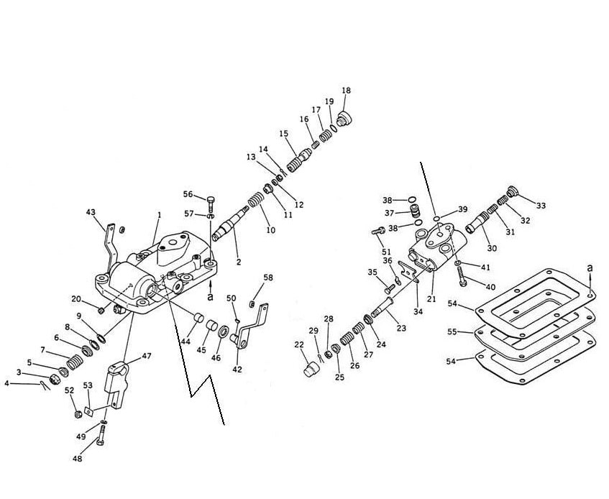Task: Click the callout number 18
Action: [x=346, y=91]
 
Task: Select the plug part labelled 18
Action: [x=344, y=118]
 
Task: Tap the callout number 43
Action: [x=91, y=212]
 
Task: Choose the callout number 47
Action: [x=147, y=356]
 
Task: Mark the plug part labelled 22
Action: [x=311, y=370]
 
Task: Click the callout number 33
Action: [x=541, y=206]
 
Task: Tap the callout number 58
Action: [x=268, y=278]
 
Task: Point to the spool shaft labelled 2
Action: [x=231, y=224]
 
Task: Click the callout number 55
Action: [x=452, y=332]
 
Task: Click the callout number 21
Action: [x=431, y=299]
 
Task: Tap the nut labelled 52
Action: [x=78, y=414]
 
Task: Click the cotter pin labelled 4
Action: [x=45, y=385]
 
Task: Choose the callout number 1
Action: [x=159, y=215]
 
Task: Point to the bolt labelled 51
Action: [x=378, y=231]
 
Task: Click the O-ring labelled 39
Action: [x=436, y=219]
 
